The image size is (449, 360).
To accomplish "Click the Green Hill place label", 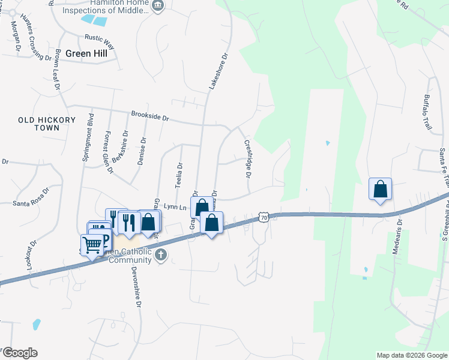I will tap(87, 53).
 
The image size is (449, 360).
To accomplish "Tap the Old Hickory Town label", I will tap(47, 124).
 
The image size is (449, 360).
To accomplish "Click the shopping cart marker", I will tap(92, 245).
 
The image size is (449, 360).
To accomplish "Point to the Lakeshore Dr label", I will tap(218, 72).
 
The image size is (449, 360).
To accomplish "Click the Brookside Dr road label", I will tap(149, 116).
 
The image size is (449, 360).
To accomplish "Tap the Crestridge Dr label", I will tap(247, 159).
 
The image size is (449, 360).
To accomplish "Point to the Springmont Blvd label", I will tap(88, 136).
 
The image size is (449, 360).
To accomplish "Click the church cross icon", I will tap(160, 256).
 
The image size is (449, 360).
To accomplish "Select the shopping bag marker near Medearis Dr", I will tap(380, 189).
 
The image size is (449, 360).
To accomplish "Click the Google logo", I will tap(20, 353).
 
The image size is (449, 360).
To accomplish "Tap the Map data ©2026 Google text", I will tap(412, 355).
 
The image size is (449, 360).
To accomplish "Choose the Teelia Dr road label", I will tap(179, 175).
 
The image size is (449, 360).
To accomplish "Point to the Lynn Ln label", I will tap(173, 207).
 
